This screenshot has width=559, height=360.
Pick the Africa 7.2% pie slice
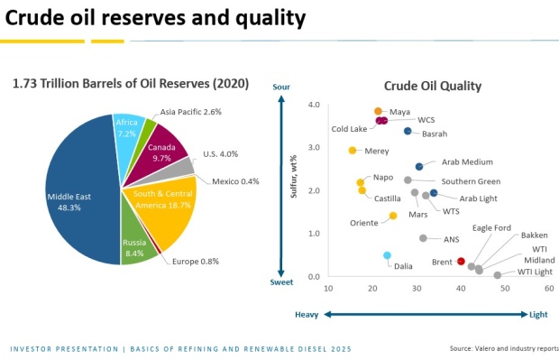pyautogui.click(x=126, y=128)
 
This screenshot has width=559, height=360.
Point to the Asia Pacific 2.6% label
pyautogui.click(x=190, y=112)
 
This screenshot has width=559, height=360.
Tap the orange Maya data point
pyautogui.click(x=378, y=112)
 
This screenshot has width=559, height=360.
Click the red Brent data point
pyautogui.click(x=461, y=262)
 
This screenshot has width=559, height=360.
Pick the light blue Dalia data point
pyautogui.click(x=387, y=255)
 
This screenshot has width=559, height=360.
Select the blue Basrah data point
pyautogui.click(x=408, y=131)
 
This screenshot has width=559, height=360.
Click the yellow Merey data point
pyautogui.click(x=353, y=151)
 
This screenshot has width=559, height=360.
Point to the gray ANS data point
pyautogui.click(x=423, y=238)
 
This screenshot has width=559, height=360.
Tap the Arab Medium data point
pyautogui.click(x=419, y=166)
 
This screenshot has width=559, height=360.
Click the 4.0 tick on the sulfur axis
pyautogui.click(x=314, y=105)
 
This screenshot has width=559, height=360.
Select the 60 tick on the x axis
pyautogui.click(x=549, y=288)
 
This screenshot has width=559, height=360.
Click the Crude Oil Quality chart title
pyautogui.click(x=432, y=87)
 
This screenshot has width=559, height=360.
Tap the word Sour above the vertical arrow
pyautogui.click(x=281, y=87)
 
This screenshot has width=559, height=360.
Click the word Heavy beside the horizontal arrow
pyautogui.click(x=307, y=314)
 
